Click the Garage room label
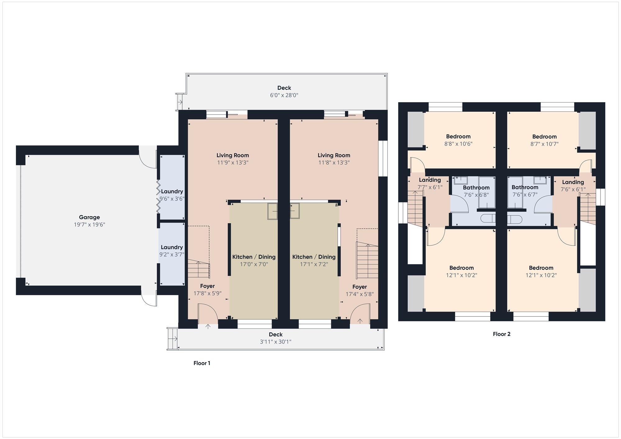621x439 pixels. coord(89,217)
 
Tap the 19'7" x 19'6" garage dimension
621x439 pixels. coord(89,224)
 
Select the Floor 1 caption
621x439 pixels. coord(202,363)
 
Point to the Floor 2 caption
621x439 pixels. coord(502,334)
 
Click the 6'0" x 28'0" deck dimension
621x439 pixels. coord(284,95)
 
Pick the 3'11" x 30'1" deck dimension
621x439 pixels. coord(276,342)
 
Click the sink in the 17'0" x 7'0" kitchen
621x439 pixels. coord(273,211)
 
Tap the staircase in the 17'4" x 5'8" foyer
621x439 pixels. coord(367,260)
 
